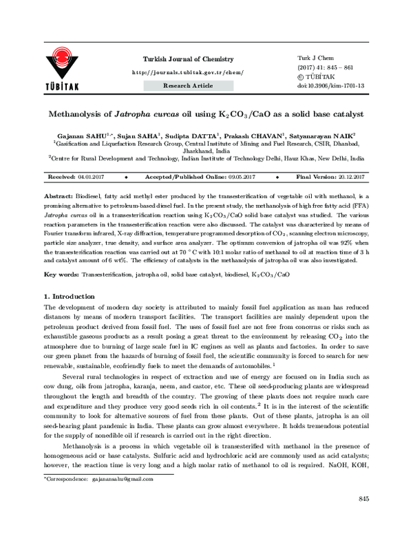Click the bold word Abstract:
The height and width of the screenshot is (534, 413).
click(x=58, y=196)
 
